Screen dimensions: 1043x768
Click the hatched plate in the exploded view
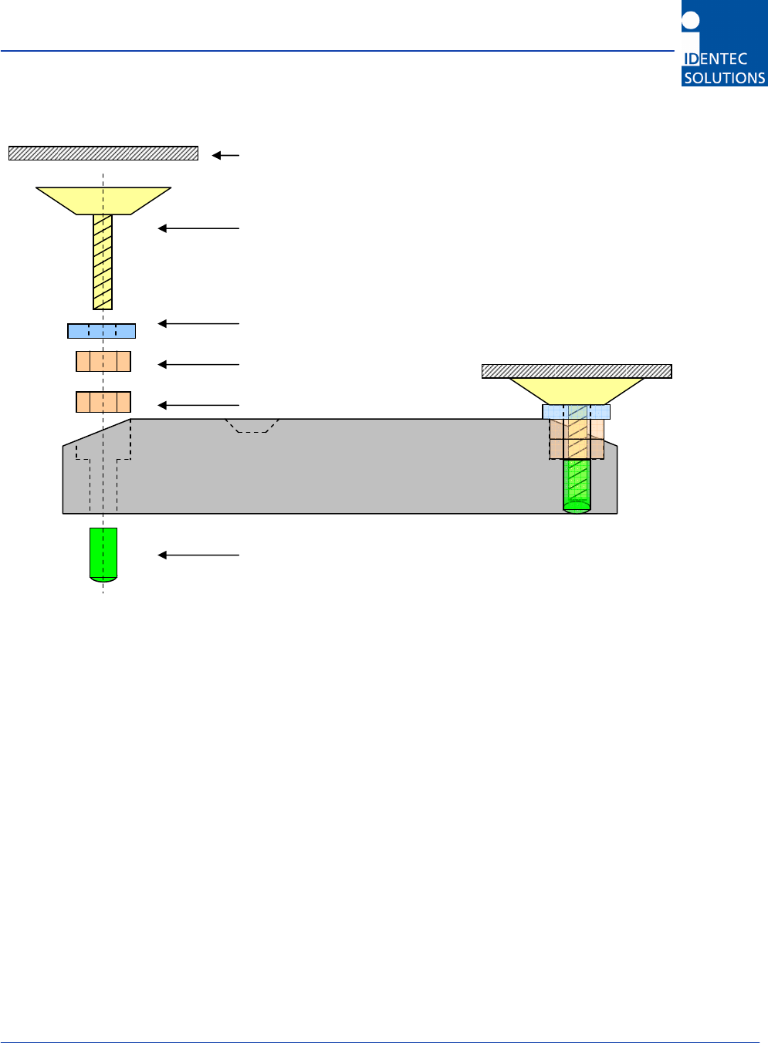click(x=103, y=153)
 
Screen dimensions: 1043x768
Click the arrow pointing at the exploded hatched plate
click(x=226, y=155)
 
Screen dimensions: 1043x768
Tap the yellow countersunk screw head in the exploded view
click(x=103, y=200)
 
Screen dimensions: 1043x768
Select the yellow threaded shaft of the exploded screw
click(x=103, y=262)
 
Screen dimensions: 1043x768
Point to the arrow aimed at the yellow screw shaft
click(x=198, y=228)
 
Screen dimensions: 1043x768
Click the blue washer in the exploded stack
click(x=102, y=331)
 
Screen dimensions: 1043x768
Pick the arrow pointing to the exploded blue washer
click(x=198, y=324)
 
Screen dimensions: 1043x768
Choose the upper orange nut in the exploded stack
click(x=103, y=361)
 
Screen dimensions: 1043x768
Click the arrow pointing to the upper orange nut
click(x=198, y=364)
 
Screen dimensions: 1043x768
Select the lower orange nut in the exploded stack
click(x=103, y=402)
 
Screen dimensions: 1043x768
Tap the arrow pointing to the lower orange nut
click(x=198, y=405)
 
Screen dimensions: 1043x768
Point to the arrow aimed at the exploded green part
click(x=198, y=555)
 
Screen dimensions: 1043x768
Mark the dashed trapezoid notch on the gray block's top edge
click(x=252, y=425)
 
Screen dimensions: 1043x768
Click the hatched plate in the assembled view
click(x=577, y=371)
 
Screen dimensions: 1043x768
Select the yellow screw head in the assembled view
click(x=577, y=390)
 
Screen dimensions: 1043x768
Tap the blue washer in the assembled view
click(x=577, y=412)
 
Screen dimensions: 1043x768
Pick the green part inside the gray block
click(x=577, y=484)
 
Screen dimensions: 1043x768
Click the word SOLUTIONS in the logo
click(x=724, y=78)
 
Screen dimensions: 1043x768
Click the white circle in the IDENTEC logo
click(x=691, y=21)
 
